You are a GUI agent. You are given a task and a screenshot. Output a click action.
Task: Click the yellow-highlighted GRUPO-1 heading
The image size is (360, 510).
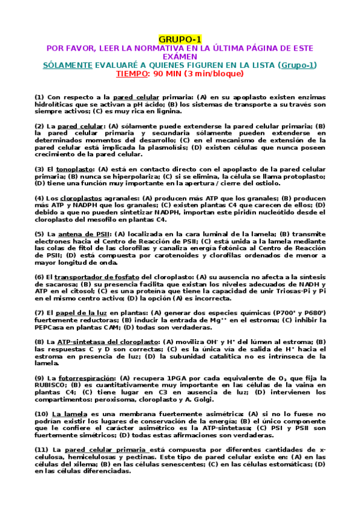pyautogui.click(x=179, y=38)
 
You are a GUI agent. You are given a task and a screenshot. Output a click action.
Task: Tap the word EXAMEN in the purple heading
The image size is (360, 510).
pyautogui.click(x=179, y=56)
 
